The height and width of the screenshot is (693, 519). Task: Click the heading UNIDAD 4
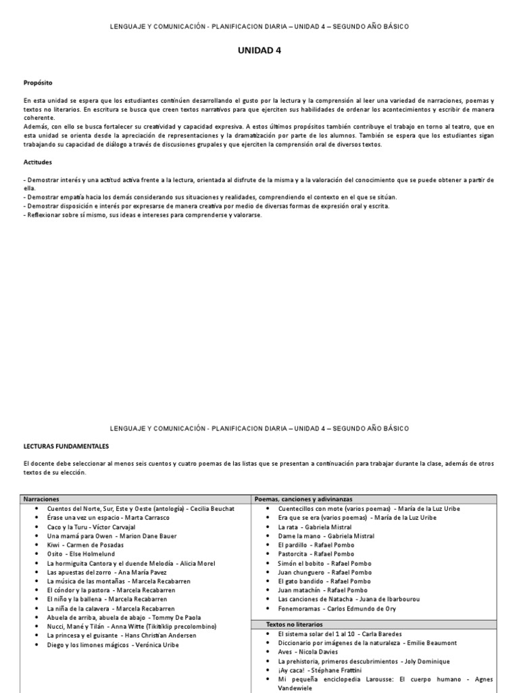pos(259,50)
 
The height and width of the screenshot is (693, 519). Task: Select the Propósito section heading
pos(38,82)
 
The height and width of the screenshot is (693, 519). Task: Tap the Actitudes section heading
pos(37,162)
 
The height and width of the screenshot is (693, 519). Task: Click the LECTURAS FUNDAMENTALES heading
pos(66,447)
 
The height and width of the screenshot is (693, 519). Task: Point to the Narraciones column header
pos(42,499)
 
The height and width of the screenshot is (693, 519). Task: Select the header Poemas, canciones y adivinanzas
pos(303,499)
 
